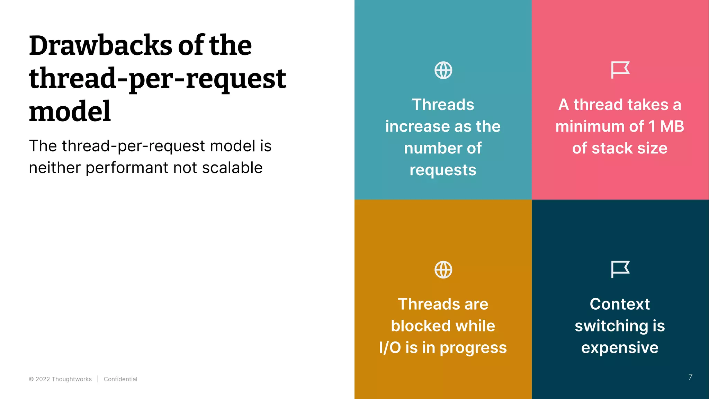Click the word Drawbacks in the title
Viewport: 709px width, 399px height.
pyautogui.click(x=100, y=46)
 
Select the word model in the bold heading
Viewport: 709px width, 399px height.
pyautogui.click(x=70, y=112)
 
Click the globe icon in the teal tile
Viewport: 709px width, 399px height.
pyautogui.click(x=443, y=70)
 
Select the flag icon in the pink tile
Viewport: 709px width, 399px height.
pyautogui.click(x=620, y=70)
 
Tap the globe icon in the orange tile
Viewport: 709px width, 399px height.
pyautogui.click(x=443, y=270)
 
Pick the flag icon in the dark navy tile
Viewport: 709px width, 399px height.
pyautogui.click(x=620, y=269)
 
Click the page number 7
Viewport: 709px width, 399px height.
pyautogui.click(x=690, y=377)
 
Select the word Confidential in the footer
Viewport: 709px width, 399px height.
pyautogui.click(x=120, y=379)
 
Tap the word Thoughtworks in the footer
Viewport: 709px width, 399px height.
pyautogui.click(x=72, y=379)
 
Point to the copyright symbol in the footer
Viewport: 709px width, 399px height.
pyautogui.click(x=31, y=379)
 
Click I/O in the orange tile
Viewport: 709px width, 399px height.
pyautogui.click(x=390, y=348)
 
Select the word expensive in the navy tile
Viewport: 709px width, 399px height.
pyautogui.click(x=620, y=348)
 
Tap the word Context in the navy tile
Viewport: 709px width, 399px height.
pyautogui.click(x=620, y=304)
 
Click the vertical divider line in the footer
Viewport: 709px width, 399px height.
pyautogui.click(x=98, y=379)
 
